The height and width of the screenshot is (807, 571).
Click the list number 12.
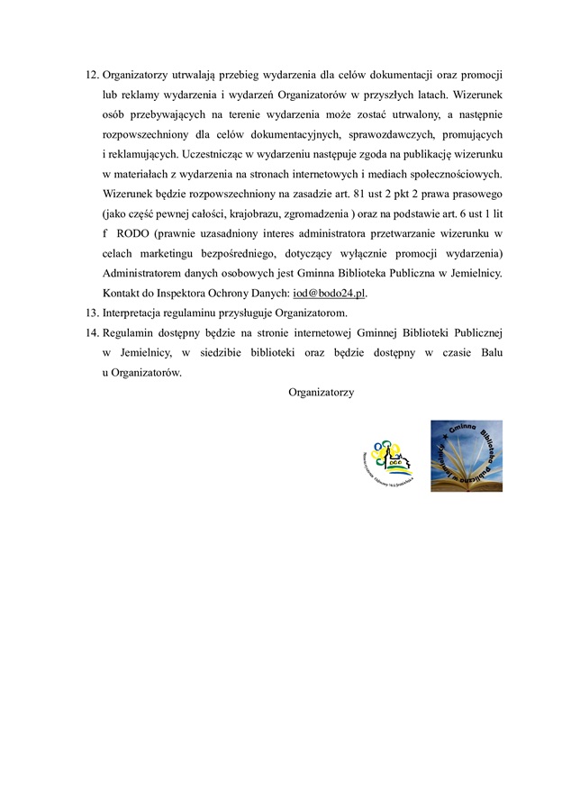tap(91, 74)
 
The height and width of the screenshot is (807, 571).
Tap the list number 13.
tap(91, 313)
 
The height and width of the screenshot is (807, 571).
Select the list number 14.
tap(91, 333)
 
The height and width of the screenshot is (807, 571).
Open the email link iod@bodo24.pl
tap(331, 293)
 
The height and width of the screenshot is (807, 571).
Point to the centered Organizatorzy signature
tap(322, 393)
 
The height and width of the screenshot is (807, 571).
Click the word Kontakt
tap(122, 293)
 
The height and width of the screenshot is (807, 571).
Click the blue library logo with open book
tap(466, 456)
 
